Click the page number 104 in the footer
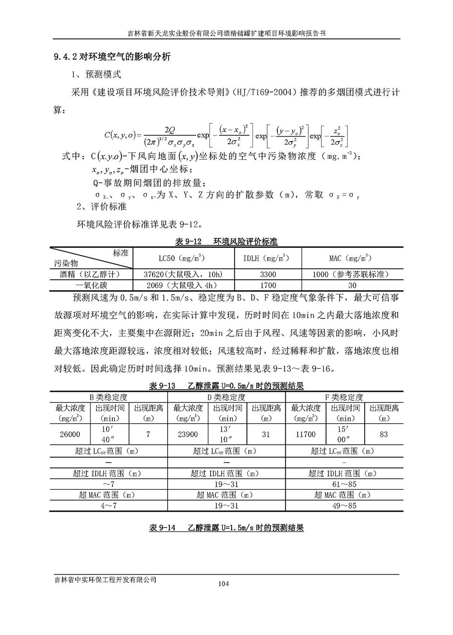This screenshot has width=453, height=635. pos(223,583)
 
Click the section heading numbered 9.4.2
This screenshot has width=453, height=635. pos(112,57)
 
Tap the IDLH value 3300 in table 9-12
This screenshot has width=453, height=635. pos(268,274)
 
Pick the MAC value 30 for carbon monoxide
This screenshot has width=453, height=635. pos(352,285)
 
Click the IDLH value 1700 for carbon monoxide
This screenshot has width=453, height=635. pos(268,285)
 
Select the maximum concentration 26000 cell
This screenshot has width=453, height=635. pos(70,435)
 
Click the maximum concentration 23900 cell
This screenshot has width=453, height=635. pos(188,435)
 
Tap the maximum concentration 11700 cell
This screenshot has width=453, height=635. pos(305,435)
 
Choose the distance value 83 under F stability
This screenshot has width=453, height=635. pos(384,435)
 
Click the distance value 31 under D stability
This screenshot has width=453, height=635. pos(266,435)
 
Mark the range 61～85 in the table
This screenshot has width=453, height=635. pos(344,484)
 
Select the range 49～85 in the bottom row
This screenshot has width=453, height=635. pos(344,506)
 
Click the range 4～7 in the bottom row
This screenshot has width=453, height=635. pos(108,506)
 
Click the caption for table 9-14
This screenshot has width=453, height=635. pos(226,528)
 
